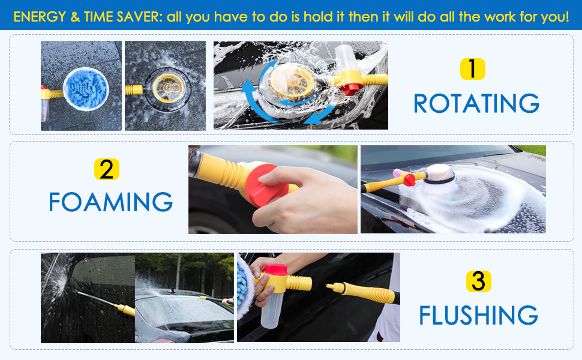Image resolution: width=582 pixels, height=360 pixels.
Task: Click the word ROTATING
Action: point(476,103)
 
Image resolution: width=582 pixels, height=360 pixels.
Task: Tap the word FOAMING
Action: point(110,202)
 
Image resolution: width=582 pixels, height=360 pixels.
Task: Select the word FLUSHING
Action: point(478,315)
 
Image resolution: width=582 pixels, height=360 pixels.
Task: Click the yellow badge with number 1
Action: point(473,69)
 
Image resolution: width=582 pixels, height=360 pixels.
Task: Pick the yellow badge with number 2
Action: point(107,170)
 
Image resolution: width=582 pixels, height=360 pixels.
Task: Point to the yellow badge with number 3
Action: point(478,281)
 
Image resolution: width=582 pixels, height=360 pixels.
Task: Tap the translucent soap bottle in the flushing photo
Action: point(278,312)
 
